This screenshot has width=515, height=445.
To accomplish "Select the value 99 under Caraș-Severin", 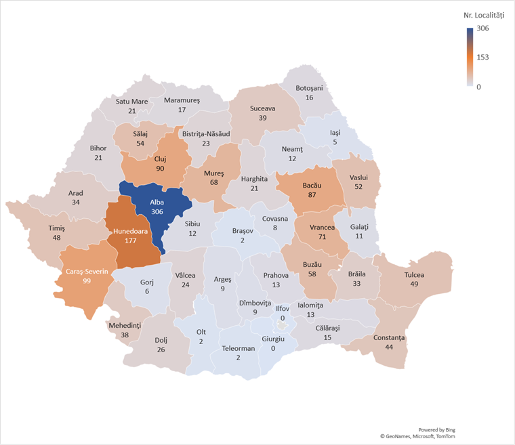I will [x=87, y=280].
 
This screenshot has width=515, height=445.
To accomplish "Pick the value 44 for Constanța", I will [x=388, y=347].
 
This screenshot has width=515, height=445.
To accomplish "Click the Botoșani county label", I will [x=310, y=88].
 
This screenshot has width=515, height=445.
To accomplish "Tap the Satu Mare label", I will [x=131, y=102].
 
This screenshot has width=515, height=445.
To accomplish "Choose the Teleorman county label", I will [x=238, y=348].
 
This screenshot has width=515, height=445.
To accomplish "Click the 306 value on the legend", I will [x=482, y=28].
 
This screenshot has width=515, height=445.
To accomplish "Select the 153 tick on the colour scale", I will [x=482, y=57].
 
